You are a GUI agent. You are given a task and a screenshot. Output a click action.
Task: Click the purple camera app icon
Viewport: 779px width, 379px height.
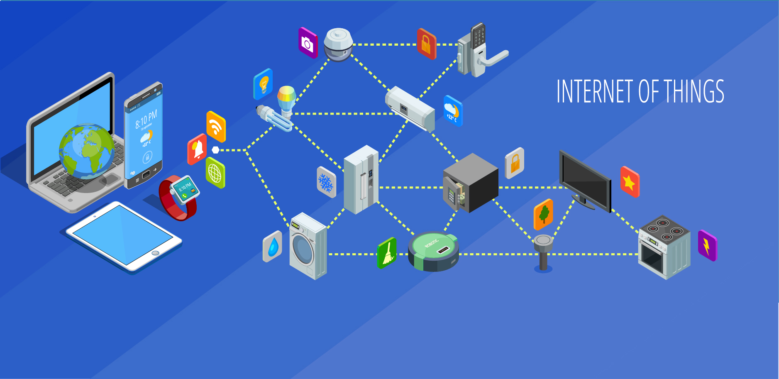point(308,43)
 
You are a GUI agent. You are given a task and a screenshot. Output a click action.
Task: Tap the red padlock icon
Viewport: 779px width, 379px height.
point(426,44)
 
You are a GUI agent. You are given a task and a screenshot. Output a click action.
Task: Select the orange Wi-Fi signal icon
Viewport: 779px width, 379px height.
point(216,127)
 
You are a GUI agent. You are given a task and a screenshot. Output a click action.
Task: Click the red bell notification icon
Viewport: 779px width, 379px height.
point(197,149)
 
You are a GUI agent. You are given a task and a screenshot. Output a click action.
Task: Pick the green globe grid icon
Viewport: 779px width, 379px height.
point(215,173)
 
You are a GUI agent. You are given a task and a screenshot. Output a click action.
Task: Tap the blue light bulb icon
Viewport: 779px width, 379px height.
point(263,84)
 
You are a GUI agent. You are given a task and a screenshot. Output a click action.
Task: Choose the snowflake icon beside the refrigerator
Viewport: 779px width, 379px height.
point(326,182)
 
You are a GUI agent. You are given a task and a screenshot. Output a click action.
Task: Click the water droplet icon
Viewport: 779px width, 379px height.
point(272,247)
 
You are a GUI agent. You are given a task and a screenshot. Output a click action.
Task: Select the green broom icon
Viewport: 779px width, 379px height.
point(387,252)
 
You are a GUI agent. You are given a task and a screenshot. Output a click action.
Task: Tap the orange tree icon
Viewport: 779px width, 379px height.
point(543,214)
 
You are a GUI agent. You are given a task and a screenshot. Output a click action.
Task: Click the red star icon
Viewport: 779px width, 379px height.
point(630,182)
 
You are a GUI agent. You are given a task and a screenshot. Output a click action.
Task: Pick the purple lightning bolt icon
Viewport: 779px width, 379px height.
point(707,246)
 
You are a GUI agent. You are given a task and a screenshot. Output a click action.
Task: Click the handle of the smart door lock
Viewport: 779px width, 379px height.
point(494,59)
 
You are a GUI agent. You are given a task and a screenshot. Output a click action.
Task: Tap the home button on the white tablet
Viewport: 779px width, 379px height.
point(155,253)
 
